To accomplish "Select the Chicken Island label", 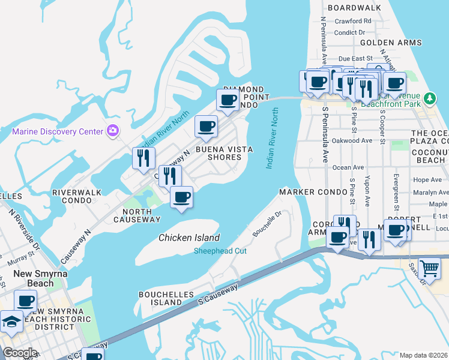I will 189,238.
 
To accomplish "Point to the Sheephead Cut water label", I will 220,251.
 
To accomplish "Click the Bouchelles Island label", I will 166,298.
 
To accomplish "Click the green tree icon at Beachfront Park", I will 429,98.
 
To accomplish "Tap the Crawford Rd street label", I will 353,21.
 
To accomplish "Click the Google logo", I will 20,353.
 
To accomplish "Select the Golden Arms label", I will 390,43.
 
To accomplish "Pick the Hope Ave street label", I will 427,180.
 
